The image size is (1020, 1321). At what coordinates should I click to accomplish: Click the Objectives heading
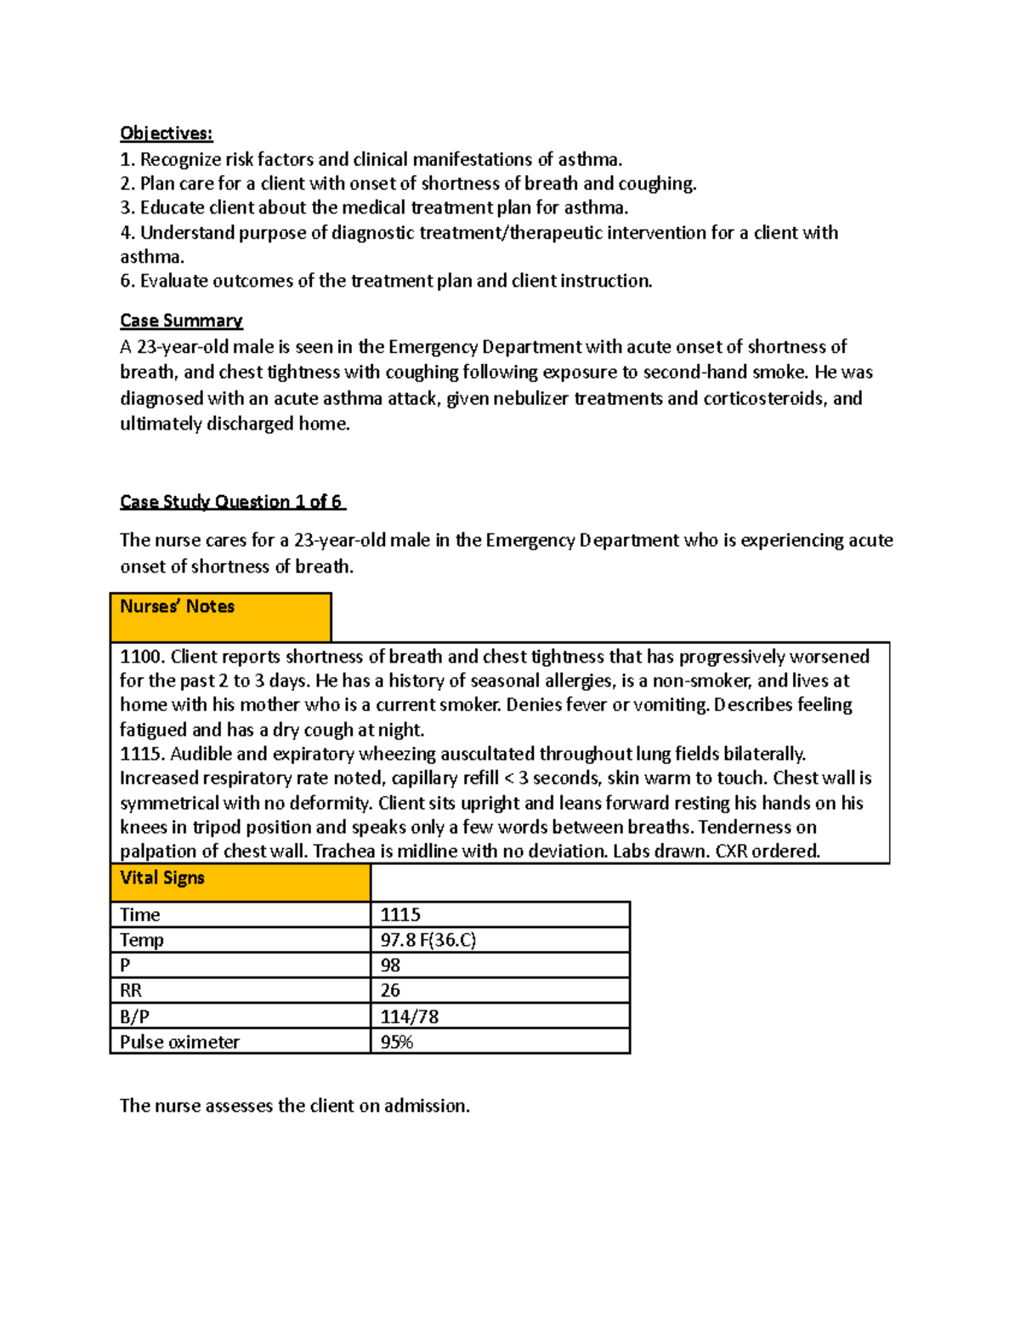pyautogui.click(x=166, y=134)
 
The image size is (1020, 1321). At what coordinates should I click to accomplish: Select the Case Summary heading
pyautogui.click(x=181, y=321)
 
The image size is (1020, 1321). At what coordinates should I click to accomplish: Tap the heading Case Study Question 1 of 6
pyautogui.click(x=231, y=502)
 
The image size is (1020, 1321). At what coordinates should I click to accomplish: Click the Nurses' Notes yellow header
pyautogui.click(x=220, y=617)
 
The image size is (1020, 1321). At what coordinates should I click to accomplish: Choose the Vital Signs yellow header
pyautogui.click(x=240, y=882)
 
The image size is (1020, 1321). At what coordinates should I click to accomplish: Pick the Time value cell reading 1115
pyautogui.click(x=400, y=914)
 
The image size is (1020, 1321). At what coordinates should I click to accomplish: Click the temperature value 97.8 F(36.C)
pyautogui.click(x=428, y=940)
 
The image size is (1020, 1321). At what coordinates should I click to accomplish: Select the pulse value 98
pyautogui.click(x=390, y=965)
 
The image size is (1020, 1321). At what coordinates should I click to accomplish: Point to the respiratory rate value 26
pyautogui.click(x=390, y=991)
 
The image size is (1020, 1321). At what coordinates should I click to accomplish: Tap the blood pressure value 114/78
pyautogui.click(x=409, y=1016)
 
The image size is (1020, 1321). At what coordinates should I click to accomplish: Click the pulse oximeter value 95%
pyautogui.click(x=396, y=1042)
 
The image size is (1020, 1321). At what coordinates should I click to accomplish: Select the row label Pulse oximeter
pyautogui.click(x=179, y=1042)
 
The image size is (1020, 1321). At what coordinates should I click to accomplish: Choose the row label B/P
pyautogui.click(x=134, y=1016)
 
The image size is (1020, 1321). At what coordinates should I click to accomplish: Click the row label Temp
pyautogui.click(x=141, y=940)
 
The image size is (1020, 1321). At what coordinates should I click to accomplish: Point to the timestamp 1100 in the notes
pyautogui.click(x=140, y=657)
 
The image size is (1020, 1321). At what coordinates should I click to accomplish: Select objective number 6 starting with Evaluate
pyautogui.click(x=386, y=282)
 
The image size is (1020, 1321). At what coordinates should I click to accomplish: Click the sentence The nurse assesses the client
pyautogui.click(x=294, y=1106)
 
